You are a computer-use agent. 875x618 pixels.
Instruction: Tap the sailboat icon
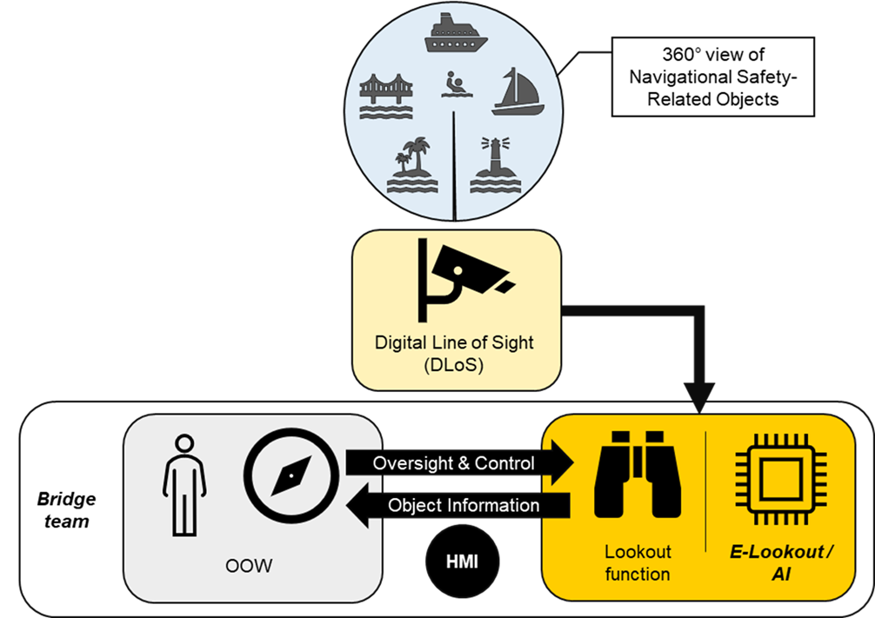518,92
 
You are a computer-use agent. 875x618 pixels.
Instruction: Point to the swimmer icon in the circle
453,85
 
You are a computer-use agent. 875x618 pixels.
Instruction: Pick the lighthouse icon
493,165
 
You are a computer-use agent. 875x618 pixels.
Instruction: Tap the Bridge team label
66,509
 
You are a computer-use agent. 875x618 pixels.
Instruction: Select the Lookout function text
638,562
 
